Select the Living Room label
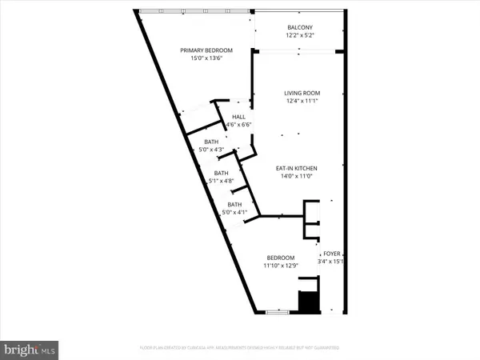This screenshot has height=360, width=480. click(299, 93)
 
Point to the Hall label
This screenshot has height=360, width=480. click(238, 117)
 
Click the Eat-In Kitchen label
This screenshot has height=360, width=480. click(299, 168)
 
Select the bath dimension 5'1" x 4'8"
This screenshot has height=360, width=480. click(221, 181)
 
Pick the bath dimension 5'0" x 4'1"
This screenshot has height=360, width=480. click(234, 212)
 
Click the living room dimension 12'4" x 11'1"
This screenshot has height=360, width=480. click(299, 101)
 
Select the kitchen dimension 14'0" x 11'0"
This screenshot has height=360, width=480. click(299, 176)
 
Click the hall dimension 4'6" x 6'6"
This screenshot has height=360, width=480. click(238, 125)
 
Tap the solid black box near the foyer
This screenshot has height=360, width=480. click(308, 302)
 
